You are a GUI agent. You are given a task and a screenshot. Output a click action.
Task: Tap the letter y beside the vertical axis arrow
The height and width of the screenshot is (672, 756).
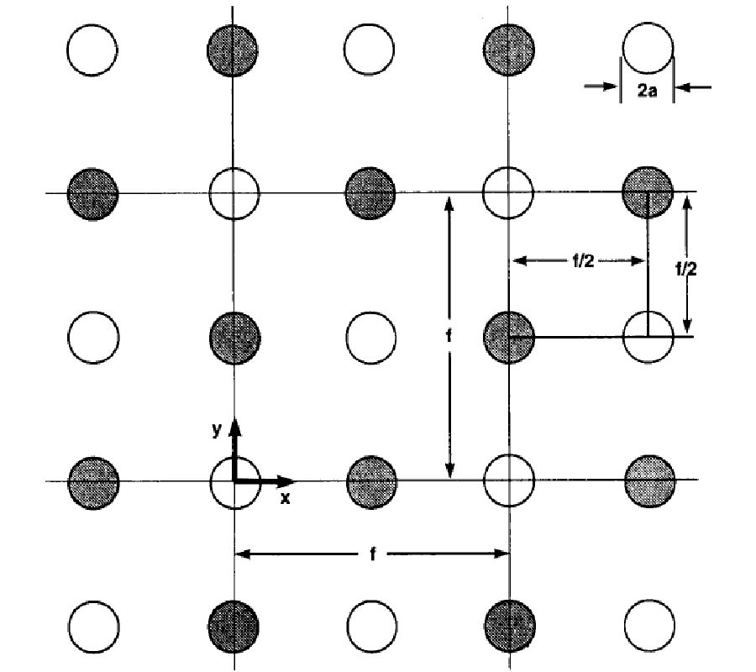pyautogui.click(x=217, y=428)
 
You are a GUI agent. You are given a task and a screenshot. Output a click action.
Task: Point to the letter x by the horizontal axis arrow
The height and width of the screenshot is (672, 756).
pyautogui.click(x=285, y=497)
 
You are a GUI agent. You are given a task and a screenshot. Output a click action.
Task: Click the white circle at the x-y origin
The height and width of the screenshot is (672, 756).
pyautogui.click(x=234, y=481)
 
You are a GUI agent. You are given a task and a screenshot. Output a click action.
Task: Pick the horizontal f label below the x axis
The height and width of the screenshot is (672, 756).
pyautogui.click(x=371, y=554)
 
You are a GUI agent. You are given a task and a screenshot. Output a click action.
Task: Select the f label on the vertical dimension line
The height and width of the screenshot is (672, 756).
pyautogui.click(x=449, y=336)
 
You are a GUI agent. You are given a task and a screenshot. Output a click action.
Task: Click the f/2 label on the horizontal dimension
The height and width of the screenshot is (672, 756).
pyautogui.click(x=579, y=261)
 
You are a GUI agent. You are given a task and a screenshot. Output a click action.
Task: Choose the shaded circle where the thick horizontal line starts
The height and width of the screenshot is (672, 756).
pyautogui.click(x=509, y=338)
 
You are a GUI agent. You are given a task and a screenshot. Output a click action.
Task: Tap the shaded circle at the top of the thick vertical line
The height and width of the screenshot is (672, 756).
pyautogui.click(x=648, y=192)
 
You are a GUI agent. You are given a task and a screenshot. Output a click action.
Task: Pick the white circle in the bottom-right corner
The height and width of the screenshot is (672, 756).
pyautogui.click(x=649, y=626)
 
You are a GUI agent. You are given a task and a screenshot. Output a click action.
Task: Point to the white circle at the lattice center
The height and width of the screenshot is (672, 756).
pyautogui.click(x=370, y=337)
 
